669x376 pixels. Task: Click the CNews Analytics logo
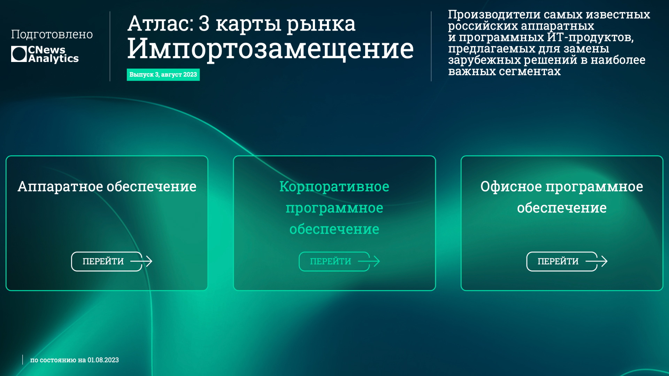click(x=45, y=54)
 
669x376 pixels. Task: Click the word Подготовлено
click(x=52, y=34)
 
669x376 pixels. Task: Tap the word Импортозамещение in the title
click(x=270, y=48)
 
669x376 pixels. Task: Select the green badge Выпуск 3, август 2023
click(x=163, y=75)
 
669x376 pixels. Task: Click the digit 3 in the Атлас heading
click(x=204, y=23)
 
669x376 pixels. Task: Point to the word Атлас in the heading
click(x=161, y=23)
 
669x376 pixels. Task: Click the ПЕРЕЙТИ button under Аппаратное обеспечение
click(x=107, y=261)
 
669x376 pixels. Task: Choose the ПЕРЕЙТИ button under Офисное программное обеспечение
click(x=562, y=261)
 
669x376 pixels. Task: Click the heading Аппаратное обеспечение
click(x=107, y=186)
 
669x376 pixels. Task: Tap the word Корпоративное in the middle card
click(x=334, y=187)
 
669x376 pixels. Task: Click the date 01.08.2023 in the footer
click(x=103, y=360)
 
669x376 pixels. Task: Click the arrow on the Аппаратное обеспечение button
click(x=141, y=261)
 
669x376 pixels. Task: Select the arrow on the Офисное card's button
click(x=597, y=261)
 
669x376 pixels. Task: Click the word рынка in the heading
click(x=321, y=24)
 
